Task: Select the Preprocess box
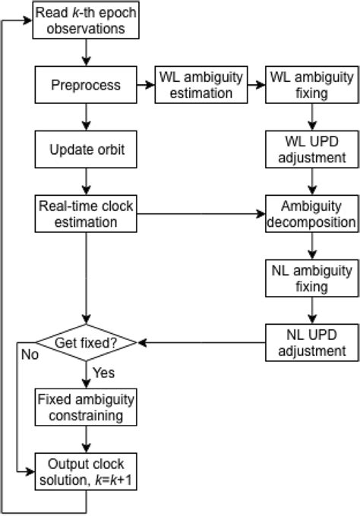point(86,85)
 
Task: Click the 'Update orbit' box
point(86,150)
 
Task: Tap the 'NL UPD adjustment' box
point(310,342)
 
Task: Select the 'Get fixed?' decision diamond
point(86,342)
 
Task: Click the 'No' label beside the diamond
point(28,354)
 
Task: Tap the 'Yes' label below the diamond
point(104,373)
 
